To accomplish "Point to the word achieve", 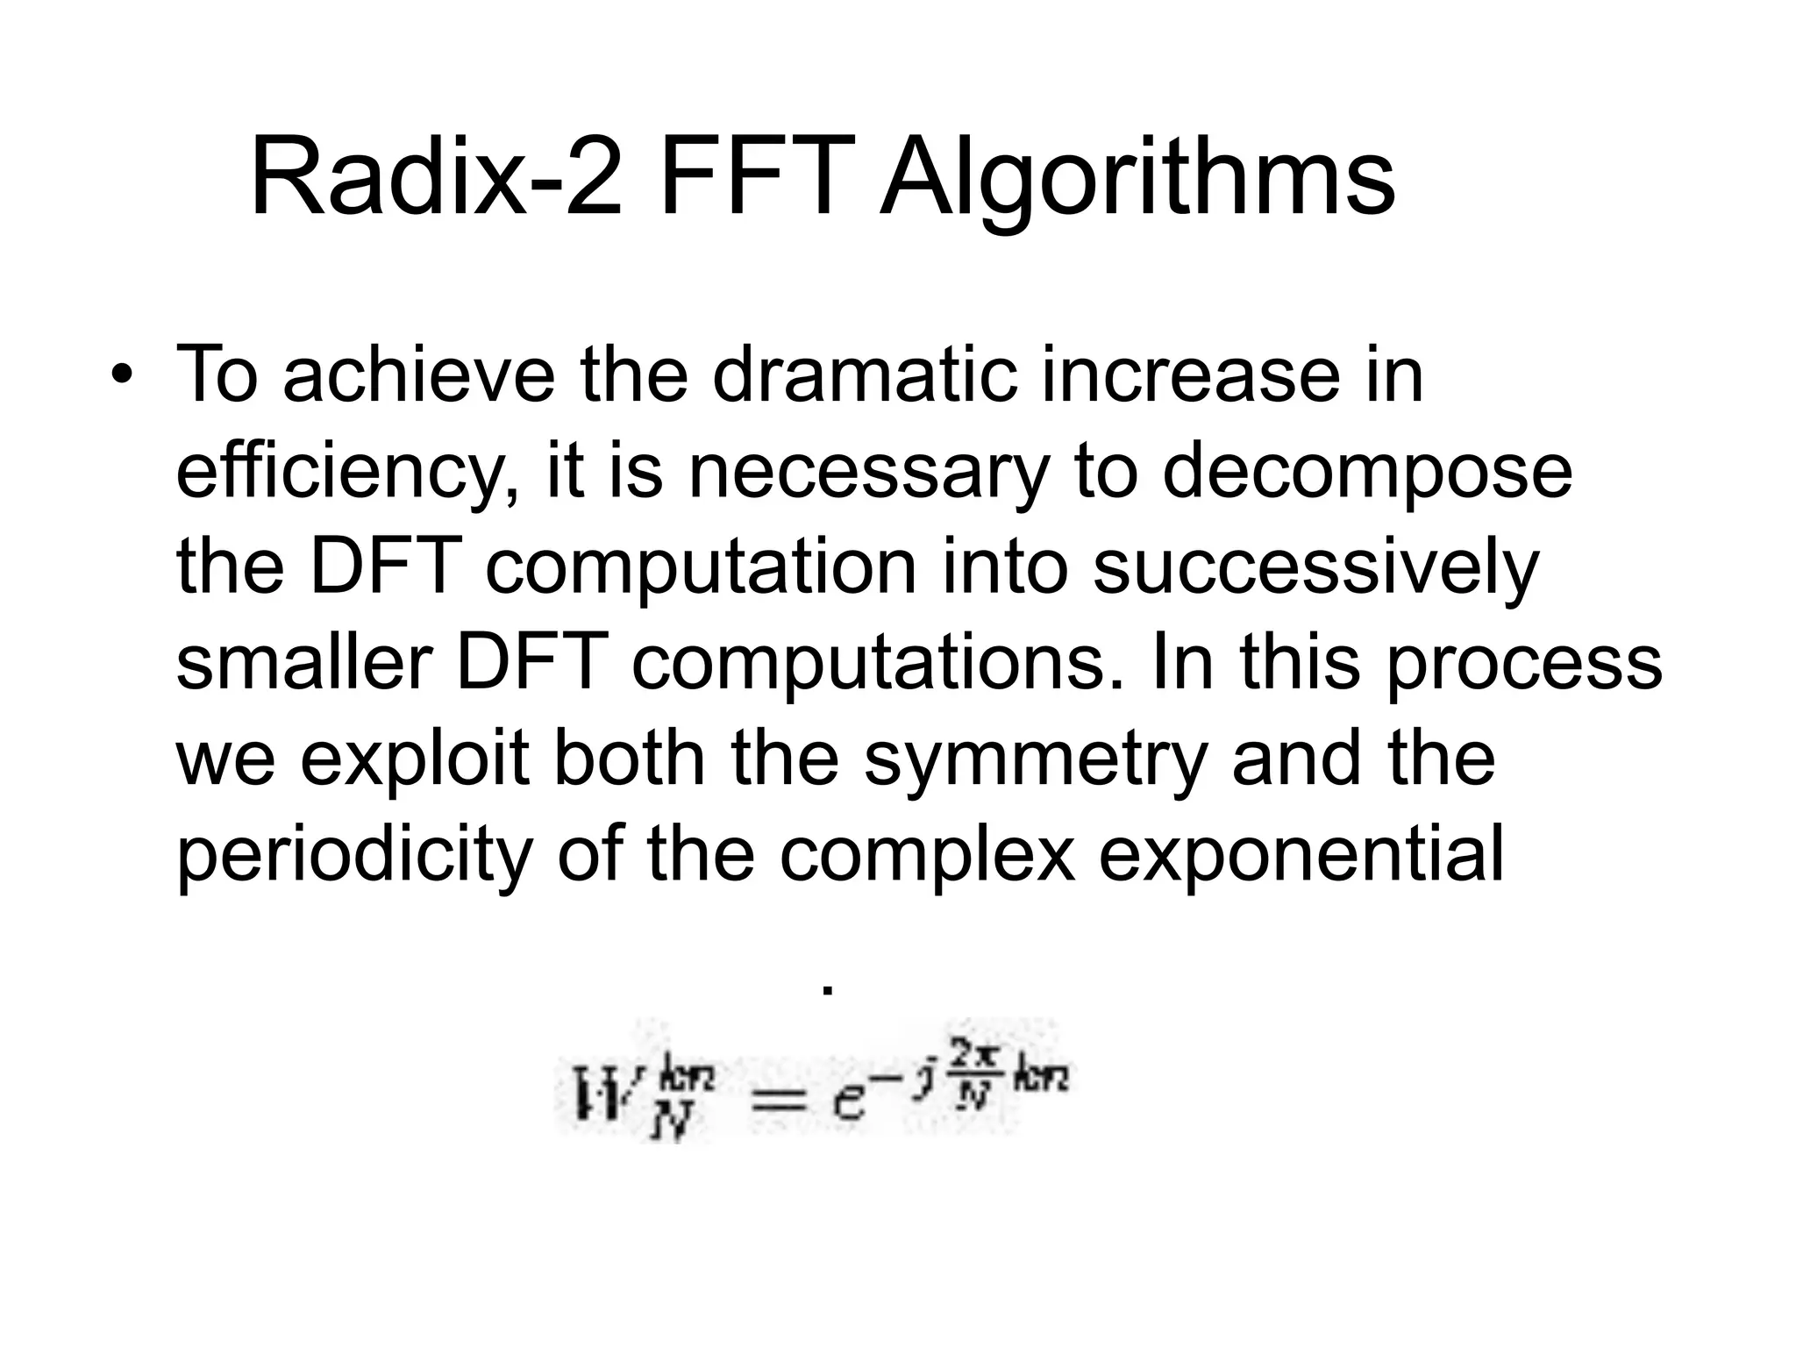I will [x=419, y=375].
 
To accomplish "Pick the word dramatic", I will [x=865, y=375].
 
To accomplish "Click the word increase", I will [x=1190, y=375].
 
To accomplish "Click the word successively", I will [x=1315, y=570].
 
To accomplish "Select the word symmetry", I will [x=1036, y=761].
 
